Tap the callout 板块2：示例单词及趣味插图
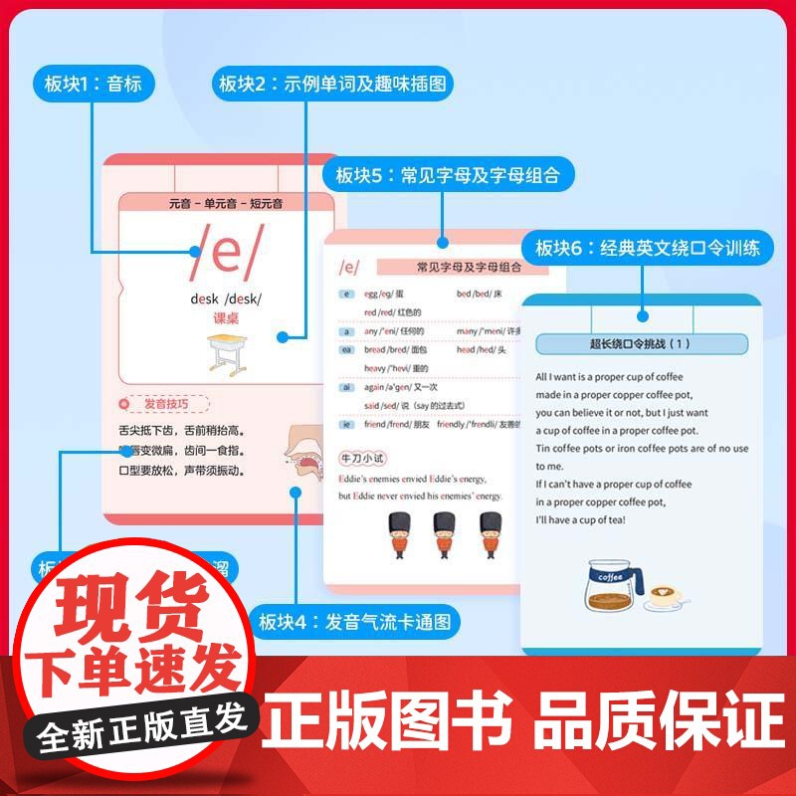(334, 84)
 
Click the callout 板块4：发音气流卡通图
(354, 623)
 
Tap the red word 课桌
(226, 318)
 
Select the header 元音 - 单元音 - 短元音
(226, 204)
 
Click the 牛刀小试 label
(362, 458)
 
